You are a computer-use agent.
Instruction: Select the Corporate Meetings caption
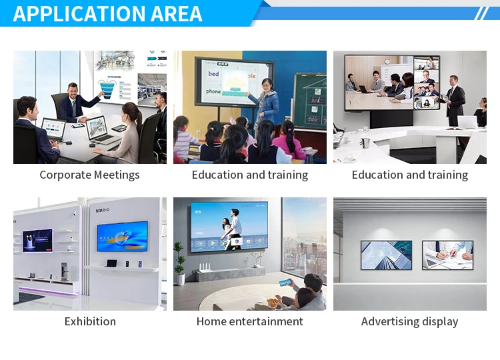(89, 175)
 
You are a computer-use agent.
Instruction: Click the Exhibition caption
(90, 321)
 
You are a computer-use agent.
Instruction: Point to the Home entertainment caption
(249, 321)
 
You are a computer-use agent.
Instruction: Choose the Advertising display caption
(409, 321)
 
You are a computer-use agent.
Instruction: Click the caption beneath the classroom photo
(249, 175)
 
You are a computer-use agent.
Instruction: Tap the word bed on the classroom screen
(213, 74)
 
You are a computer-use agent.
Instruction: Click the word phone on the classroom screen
(213, 91)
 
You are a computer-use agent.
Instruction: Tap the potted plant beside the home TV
(179, 260)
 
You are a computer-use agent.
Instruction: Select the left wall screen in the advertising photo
(386, 255)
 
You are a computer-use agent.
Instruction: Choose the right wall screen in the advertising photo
(447, 255)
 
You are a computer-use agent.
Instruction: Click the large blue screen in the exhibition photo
(122, 236)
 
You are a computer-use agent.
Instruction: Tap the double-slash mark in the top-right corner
(482, 13)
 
